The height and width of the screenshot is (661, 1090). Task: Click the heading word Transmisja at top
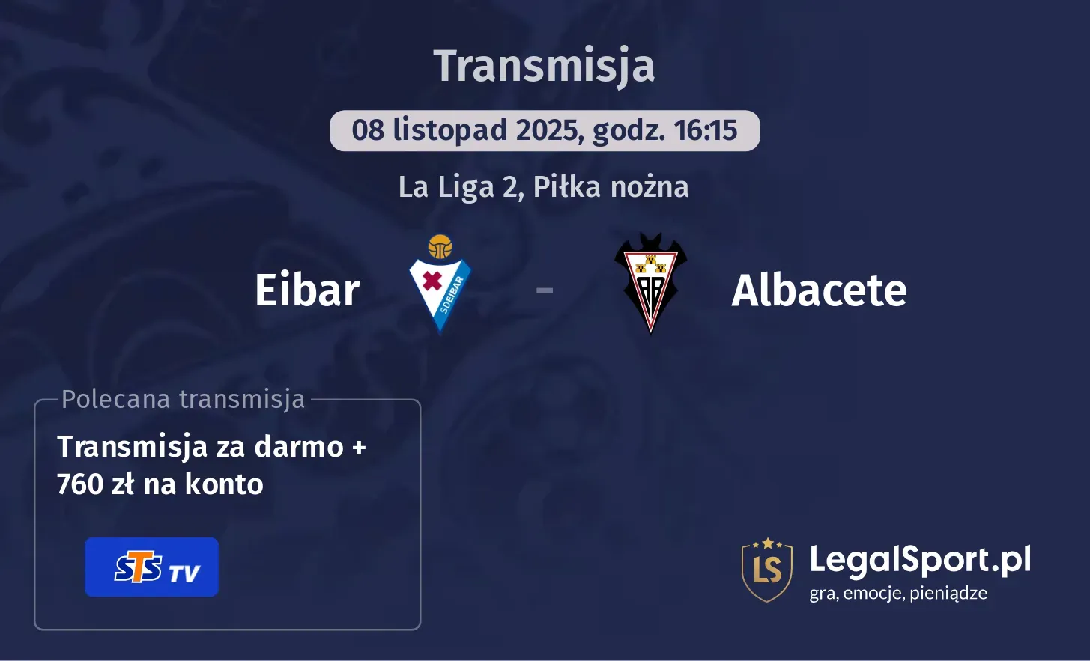point(544,66)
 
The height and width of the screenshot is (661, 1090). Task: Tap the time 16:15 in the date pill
point(706,131)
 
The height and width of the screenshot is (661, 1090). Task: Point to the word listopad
point(449,131)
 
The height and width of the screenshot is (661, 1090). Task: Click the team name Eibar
point(307,290)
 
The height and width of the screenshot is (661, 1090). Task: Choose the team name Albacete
point(819,290)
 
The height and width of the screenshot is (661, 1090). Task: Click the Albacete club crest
point(650,284)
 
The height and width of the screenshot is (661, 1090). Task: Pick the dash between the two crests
point(545,290)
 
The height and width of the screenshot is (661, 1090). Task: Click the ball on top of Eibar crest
point(440,246)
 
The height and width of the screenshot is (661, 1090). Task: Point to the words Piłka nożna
point(611,187)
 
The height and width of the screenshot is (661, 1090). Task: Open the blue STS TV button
point(151,567)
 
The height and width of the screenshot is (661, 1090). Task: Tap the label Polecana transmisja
point(184,399)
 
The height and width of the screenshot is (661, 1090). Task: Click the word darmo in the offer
point(299,447)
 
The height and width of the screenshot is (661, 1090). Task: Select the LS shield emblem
point(767,570)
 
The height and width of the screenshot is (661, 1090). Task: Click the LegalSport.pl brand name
point(920,559)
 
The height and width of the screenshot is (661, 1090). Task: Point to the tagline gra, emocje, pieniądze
point(898,594)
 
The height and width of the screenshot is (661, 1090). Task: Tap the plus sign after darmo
point(359,448)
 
